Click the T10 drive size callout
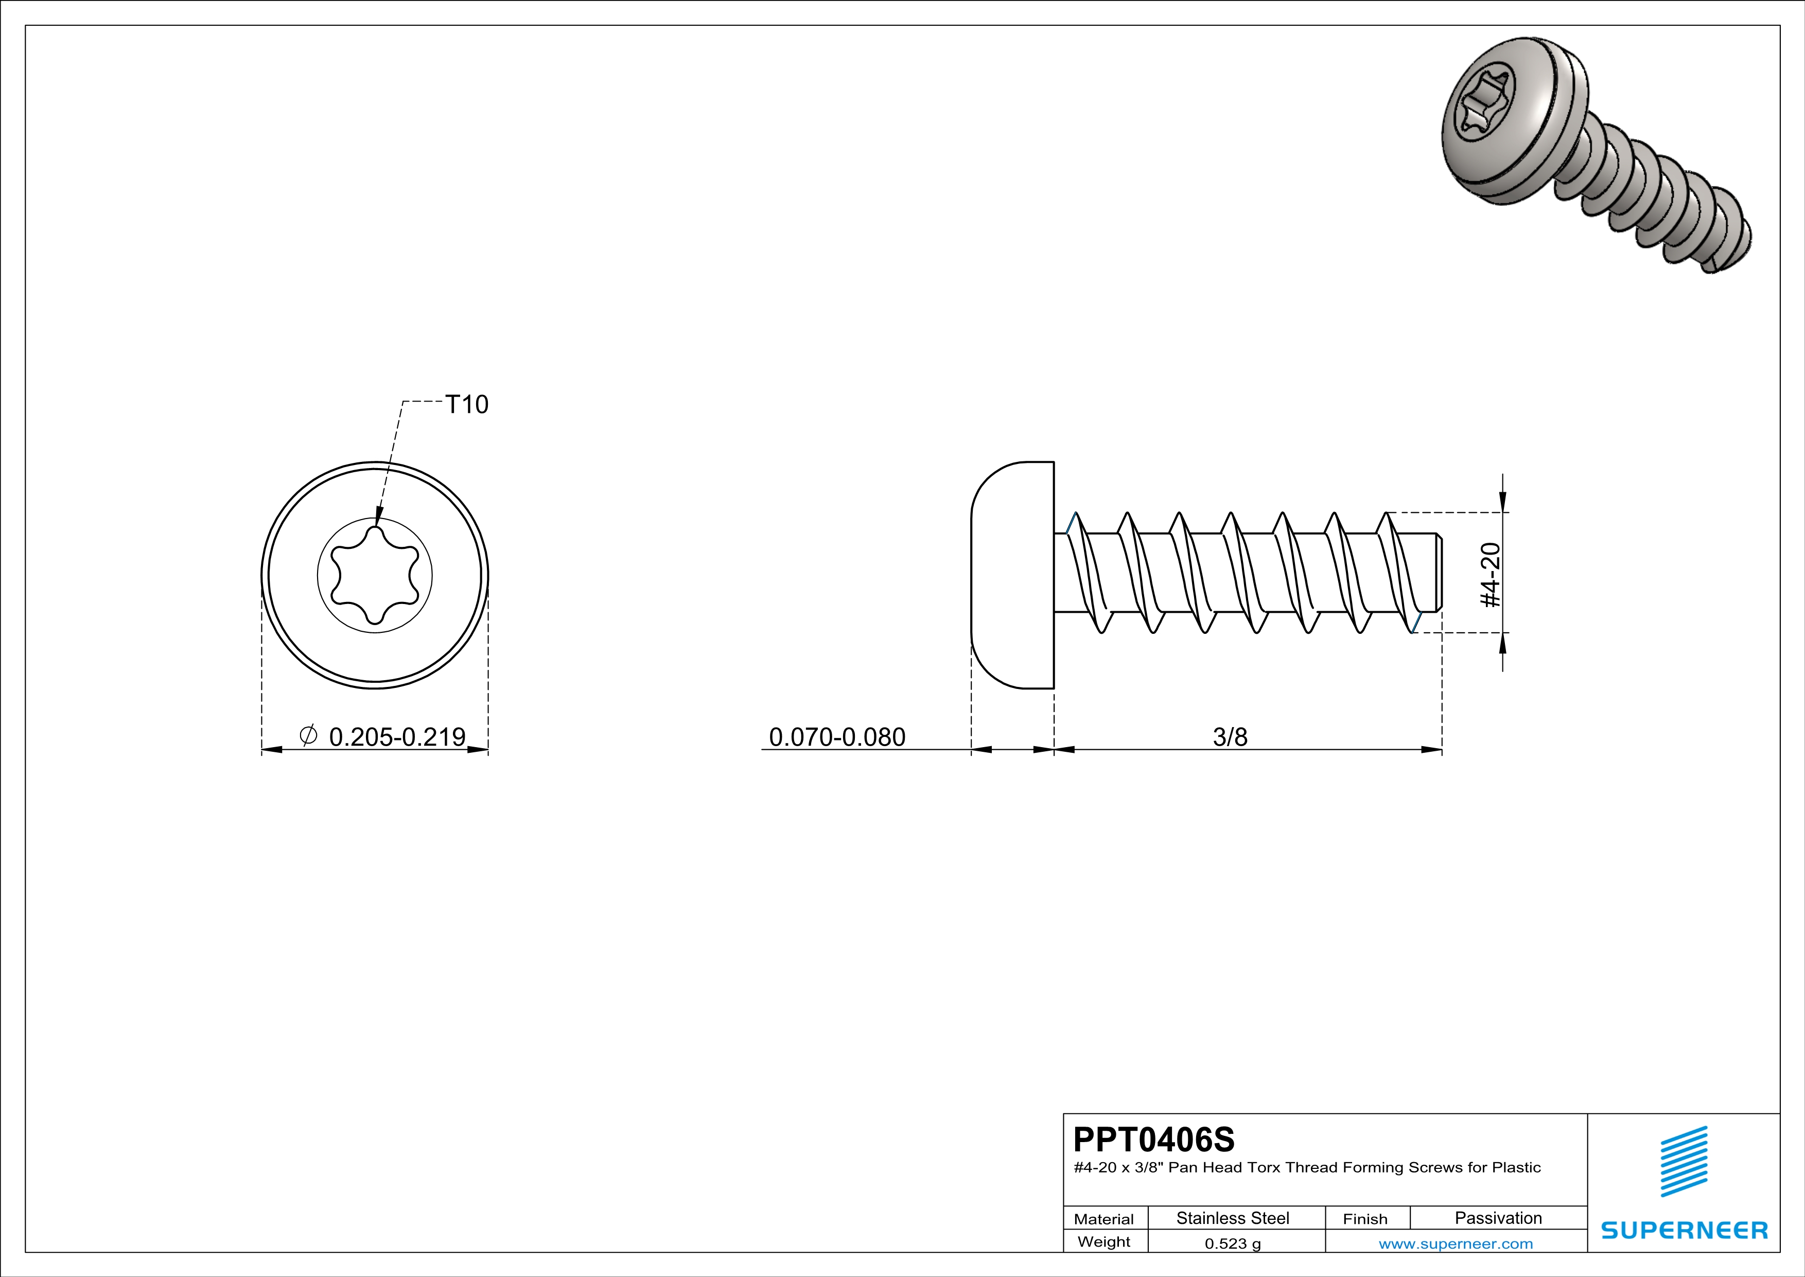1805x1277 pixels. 467,404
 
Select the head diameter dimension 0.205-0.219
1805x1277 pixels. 397,737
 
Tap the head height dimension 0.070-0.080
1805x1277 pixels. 837,737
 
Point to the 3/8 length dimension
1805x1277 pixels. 1230,737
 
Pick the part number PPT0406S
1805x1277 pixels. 1154,1140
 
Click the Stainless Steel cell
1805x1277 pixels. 1233,1218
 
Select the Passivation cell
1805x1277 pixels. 1498,1218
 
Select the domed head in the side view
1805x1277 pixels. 1012,575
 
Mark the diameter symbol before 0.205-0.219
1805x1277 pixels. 308,735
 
